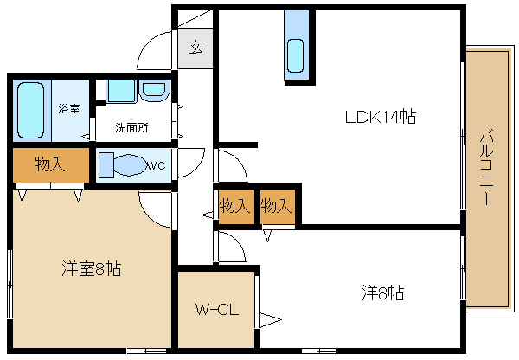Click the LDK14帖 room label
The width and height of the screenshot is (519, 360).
pyautogui.click(x=381, y=117)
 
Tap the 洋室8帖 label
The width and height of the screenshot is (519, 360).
pyautogui.click(x=92, y=268)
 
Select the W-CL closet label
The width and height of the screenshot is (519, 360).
pyautogui.click(x=217, y=309)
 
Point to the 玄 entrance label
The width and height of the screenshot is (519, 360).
pyautogui.click(x=195, y=47)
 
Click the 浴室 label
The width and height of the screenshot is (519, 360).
pyautogui.click(x=69, y=109)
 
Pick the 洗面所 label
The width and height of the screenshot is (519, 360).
pyautogui.click(x=131, y=127)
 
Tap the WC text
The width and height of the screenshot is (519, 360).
pyautogui.click(x=156, y=165)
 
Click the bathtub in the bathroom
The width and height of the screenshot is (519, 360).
pyautogui.click(x=31, y=110)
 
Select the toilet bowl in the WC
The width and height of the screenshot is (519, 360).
pyautogui.click(x=130, y=165)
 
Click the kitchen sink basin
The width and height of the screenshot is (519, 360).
pyautogui.click(x=295, y=55)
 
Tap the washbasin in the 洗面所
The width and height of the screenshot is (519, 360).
pyautogui.click(x=154, y=89)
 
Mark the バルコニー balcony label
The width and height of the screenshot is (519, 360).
pyautogui.click(x=486, y=168)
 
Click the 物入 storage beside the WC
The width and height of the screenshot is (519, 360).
pyautogui.click(x=51, y=164)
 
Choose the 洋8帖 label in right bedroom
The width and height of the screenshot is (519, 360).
pyautogui.click(x=383, y=292)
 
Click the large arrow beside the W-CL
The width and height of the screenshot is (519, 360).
pyautogui.click(x=271, y=320)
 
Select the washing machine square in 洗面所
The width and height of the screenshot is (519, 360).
pyautogui.click(x=121, y=91)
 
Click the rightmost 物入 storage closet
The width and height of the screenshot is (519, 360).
pyautogui.click(x=278, y=206)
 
